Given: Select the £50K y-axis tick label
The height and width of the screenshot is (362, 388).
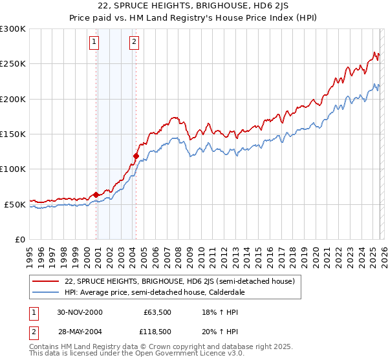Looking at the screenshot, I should click(x=15, y=204).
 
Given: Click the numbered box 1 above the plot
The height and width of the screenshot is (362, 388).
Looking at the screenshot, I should click(x=94, y=43).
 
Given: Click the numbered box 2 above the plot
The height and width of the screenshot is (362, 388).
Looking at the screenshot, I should click(x=134, y=43).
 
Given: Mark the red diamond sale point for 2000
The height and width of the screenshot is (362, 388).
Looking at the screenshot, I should click(x=96, y=195).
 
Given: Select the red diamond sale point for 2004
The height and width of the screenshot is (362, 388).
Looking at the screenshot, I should click(x=136, y=156).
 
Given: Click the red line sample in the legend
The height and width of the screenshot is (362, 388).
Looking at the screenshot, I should click(x=46, y=282).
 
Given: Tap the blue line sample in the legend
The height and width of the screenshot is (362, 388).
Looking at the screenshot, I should click(x=46, y=292).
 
